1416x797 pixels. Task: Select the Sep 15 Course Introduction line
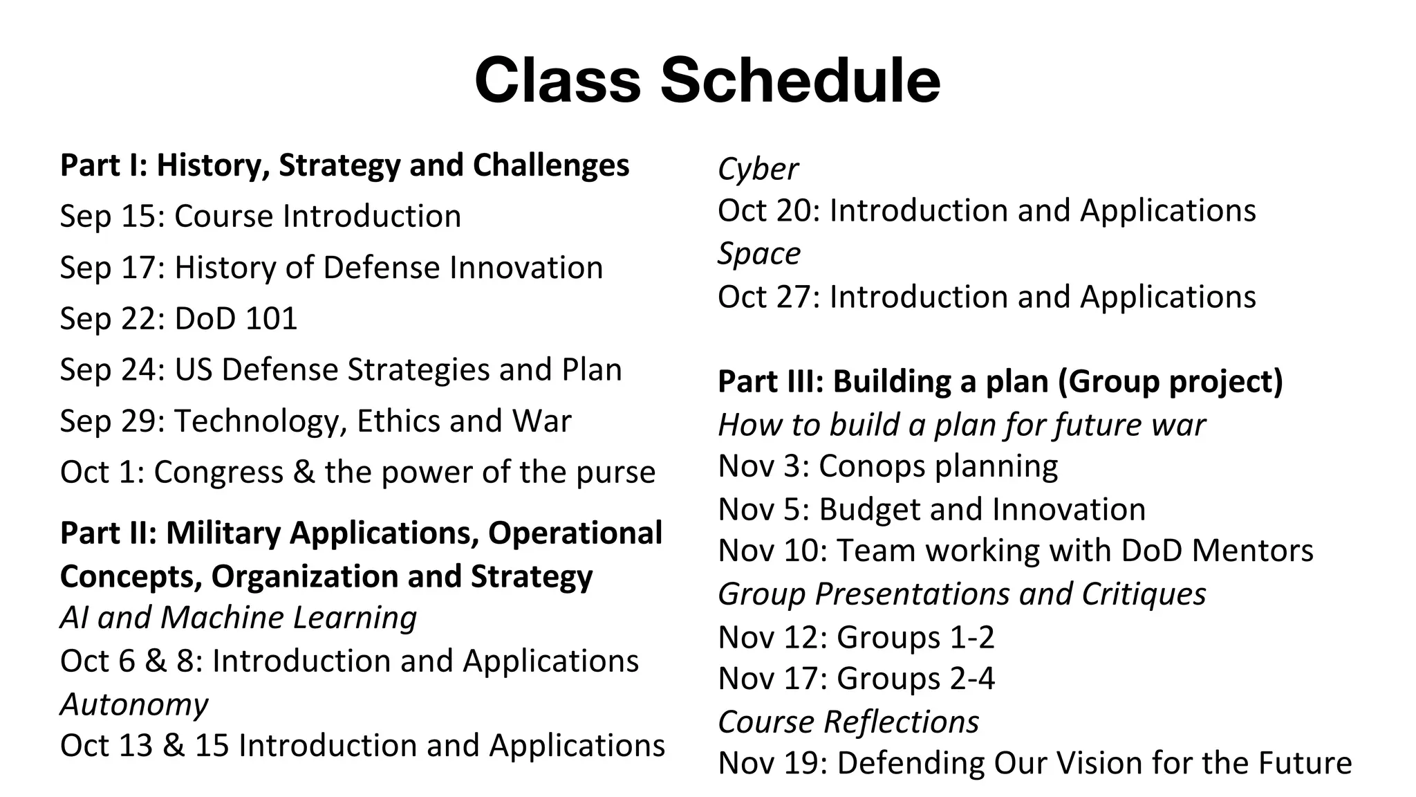coord(261,216)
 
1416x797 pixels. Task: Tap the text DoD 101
coord(236,318)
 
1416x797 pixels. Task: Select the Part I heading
coord(344,165)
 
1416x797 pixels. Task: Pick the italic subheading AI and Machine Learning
coord(238,617)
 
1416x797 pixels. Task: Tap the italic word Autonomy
coord(134,704)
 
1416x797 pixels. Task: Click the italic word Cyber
coord(758,169)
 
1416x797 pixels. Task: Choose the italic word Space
coord(758,253)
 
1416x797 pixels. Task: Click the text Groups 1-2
coord(915,637)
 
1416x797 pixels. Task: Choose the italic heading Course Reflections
coord(848,722)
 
